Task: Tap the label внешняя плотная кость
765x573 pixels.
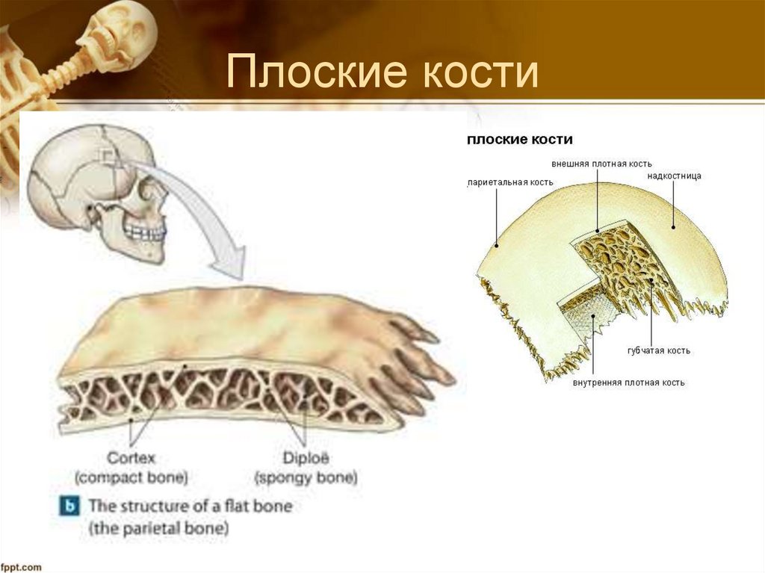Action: coord(601,163)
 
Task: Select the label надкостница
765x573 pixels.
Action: coord(675,176)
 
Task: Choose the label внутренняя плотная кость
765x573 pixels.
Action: coord(628,382)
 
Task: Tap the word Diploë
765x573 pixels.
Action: coord(305,458)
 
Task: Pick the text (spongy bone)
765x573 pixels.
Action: coord(306,477)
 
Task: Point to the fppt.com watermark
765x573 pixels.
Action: coord(22,567)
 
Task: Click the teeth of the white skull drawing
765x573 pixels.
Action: coord(144,231)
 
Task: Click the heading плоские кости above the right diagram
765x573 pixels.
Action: coord(519,140)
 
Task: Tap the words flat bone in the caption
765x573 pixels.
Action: coord(256,506)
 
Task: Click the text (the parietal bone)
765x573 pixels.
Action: coord(159,529)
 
